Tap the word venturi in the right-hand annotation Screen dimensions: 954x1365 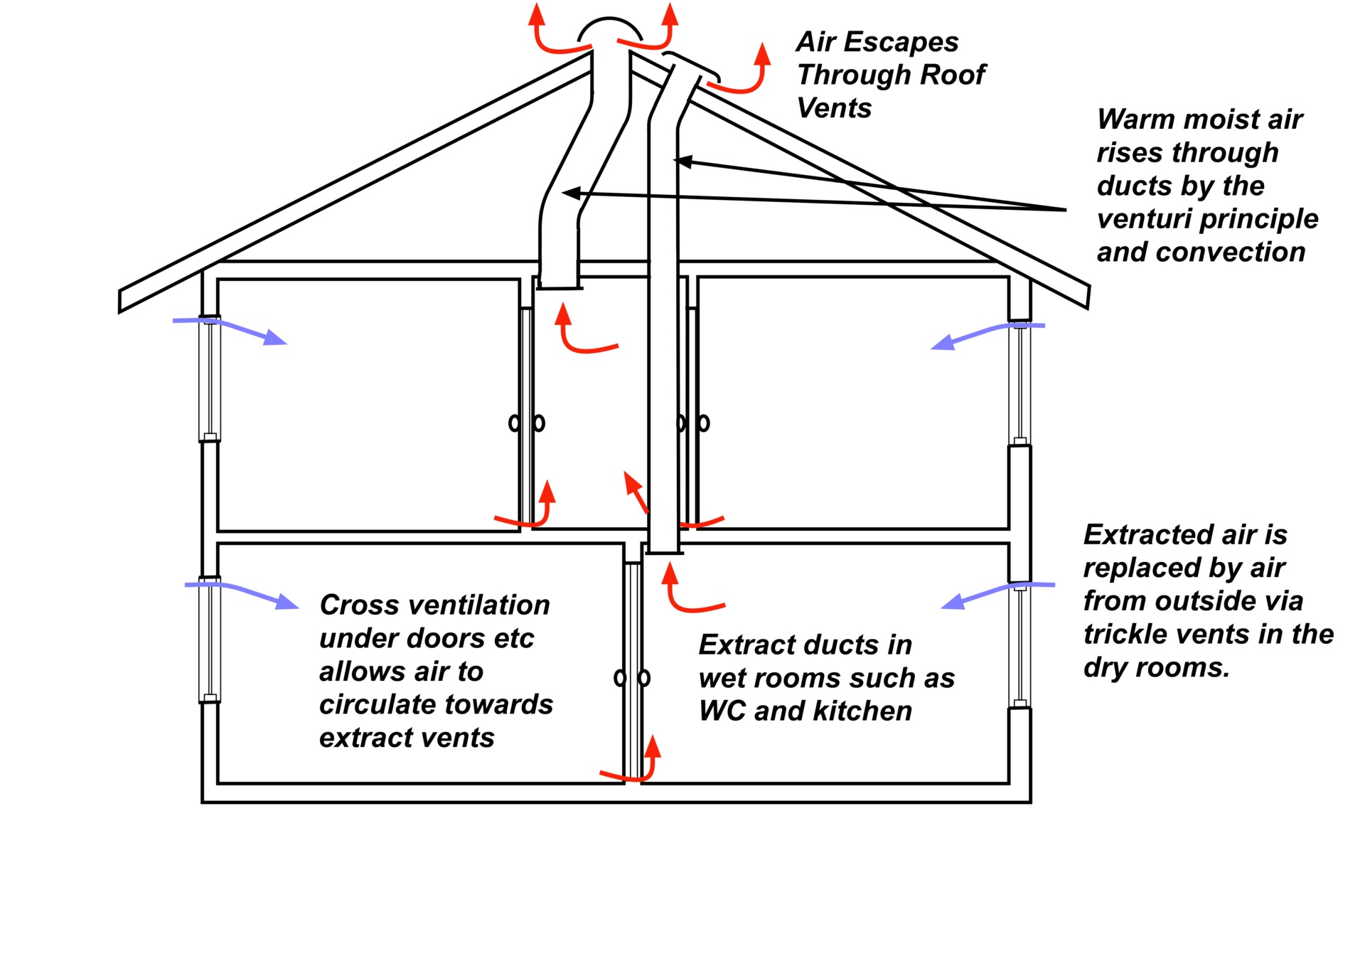click(x=1145, y=219)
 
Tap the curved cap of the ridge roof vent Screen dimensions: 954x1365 click(x=609, y=28)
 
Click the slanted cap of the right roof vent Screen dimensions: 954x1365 click(x=691, y=64)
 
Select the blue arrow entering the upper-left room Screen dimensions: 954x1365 click(x=231, y=329)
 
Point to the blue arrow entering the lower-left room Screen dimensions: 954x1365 click(x=242, y=593)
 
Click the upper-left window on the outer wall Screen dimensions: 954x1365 click(x=210, y=378)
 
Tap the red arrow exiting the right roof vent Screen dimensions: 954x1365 click(x=746, y=75)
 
